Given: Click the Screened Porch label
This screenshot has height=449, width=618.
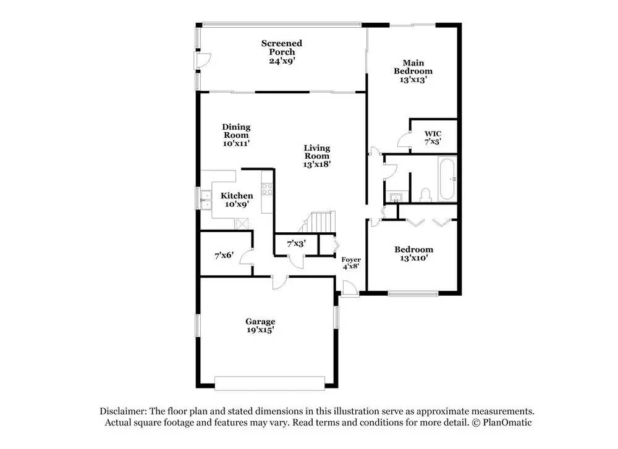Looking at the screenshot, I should tap(281, 48).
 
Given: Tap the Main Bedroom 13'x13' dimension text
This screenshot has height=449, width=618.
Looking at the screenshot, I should tap(413, 80).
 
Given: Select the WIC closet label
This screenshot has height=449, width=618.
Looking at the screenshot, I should tap(432, 134).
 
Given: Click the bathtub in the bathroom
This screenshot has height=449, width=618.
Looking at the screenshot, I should tap(446, 179).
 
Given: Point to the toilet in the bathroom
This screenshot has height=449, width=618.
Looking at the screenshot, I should tap(425, 195).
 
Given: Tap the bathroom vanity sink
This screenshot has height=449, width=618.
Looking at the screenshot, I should tap(396, 198).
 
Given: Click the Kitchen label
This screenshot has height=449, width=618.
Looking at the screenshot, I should tap(237, 196).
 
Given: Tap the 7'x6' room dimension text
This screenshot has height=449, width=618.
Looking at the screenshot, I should tap(224, 254).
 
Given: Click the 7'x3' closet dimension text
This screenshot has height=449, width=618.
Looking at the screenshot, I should tap(297, 244).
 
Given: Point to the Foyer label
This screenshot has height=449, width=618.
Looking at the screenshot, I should tap(351, 259).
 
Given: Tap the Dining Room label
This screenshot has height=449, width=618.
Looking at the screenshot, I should tap(236, 131).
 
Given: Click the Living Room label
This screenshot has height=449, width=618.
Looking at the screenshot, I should tap(316, 152).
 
